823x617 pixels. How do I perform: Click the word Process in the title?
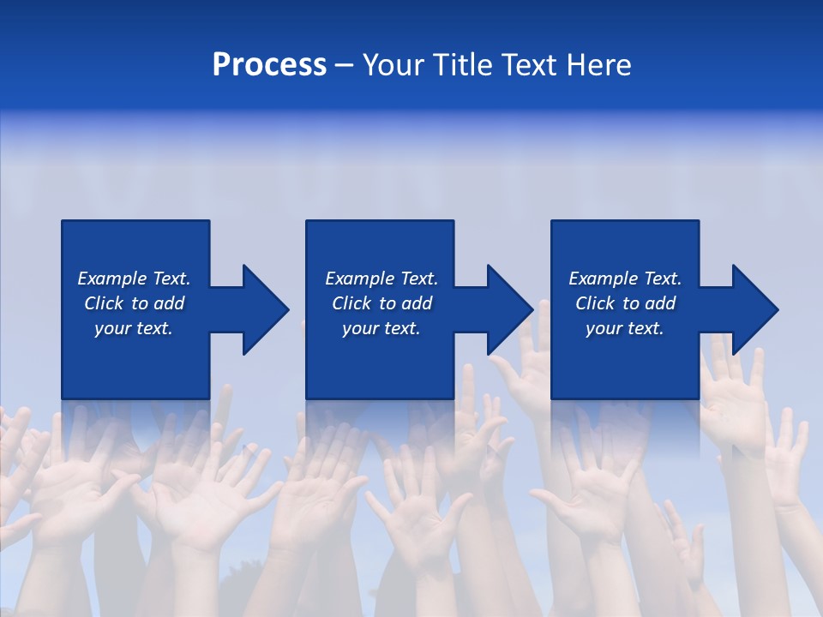pyautogui.click(x=269, y=65)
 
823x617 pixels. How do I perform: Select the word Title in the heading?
pyautogui.click(x=463, y=65)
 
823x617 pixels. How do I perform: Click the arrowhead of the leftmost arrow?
pyautogui.click(x=266, y=309)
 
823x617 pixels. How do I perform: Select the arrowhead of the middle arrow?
pyautogui.click(x=511, y=309)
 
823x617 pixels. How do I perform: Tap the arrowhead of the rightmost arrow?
pyautogui.click(x=756, y=309)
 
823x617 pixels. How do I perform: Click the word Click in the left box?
pyautogui.click(x=104, y=303)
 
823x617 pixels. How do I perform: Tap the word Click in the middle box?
pyautogui.click(x=351, y=303)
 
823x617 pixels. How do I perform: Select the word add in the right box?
pyautogui.click(x=659, y=303)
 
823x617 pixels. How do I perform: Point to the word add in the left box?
pyautogui.click(x=168, y=303)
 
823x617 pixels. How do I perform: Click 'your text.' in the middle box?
pyautogui.click(x=381, y=328)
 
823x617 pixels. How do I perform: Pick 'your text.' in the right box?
pyautogui.click(x=624, y=328)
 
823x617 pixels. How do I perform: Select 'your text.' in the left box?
pyautogui.click(x=133, y=328)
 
